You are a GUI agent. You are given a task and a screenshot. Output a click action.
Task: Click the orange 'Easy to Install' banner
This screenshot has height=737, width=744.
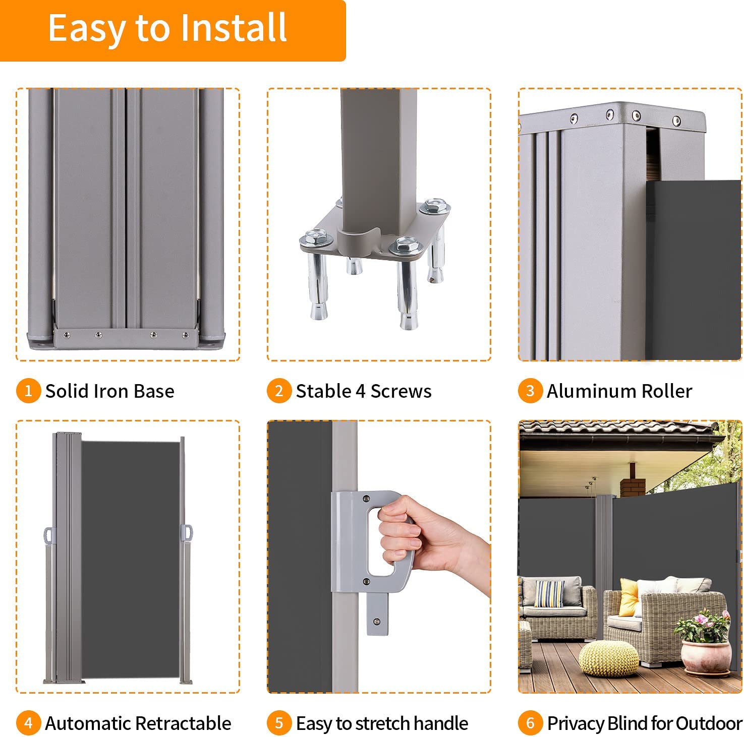click(x=173, y=30)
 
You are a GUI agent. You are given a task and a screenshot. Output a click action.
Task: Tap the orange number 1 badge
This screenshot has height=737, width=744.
click(x=28, y=391)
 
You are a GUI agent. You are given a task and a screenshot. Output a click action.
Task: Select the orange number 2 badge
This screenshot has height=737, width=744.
click(x=279, y=391)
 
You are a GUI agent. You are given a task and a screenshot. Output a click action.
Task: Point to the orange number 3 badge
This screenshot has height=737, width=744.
click(x=530, y=391)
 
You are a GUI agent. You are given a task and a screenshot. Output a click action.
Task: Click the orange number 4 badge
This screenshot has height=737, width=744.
click(x=28, y=723)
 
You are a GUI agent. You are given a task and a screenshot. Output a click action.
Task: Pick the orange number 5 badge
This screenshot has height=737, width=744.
click(x=279, y=723)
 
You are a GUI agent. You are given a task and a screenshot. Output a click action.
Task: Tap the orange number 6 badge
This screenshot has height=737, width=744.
click(x=530, y=723)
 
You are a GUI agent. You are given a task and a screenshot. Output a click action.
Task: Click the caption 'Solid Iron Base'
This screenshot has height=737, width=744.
click(x=110, y=391)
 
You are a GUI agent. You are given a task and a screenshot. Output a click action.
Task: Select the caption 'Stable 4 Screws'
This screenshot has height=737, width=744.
click(x=364, y=391)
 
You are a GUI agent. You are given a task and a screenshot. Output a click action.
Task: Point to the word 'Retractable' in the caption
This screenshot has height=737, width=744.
click(x=184, y=723)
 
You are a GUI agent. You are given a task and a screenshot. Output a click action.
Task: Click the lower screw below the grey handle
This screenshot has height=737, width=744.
click(x=376, y=622)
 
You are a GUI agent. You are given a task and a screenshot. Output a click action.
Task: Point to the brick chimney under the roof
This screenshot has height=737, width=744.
click(x=633, y=484)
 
